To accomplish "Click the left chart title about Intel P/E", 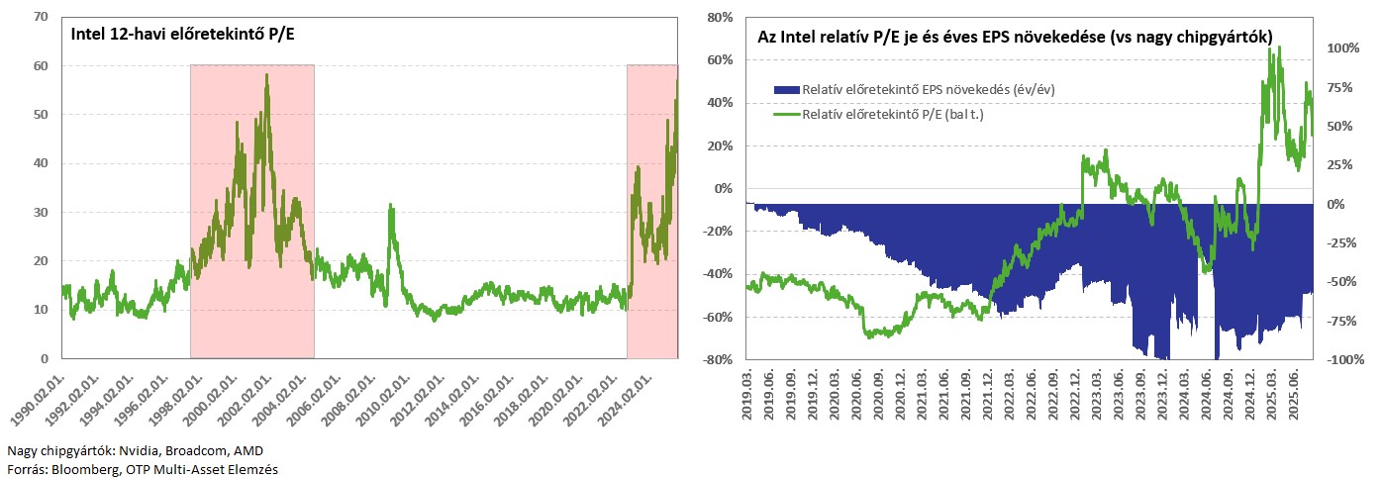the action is [x=183, y=34].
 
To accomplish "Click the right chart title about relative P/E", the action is [x=1015, y=37].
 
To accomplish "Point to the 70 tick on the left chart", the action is [x=41, y=17].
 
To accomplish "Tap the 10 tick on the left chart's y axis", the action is [x=41, y=310].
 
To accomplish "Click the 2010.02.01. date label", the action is [x=384, y=400].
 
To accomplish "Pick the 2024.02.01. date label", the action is [x=626, y=400].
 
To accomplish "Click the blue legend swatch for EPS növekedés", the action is [x=787, y=89].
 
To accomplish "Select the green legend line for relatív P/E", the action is [x=787, y=114].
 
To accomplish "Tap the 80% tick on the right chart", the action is [x=720, y=17].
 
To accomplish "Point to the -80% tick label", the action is [x=718, y=360].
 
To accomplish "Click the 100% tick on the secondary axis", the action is [x=1343, y=48].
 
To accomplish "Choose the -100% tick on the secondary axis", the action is [x=1345, y=360].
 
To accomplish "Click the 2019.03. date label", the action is [x=747, y=396].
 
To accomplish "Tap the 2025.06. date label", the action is [x=1293, y=396].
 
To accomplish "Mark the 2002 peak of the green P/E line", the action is [x=266, y=74].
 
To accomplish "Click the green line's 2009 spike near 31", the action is [x=390, y=205].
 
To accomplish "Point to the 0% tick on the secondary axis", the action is [x=1335, y=204].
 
